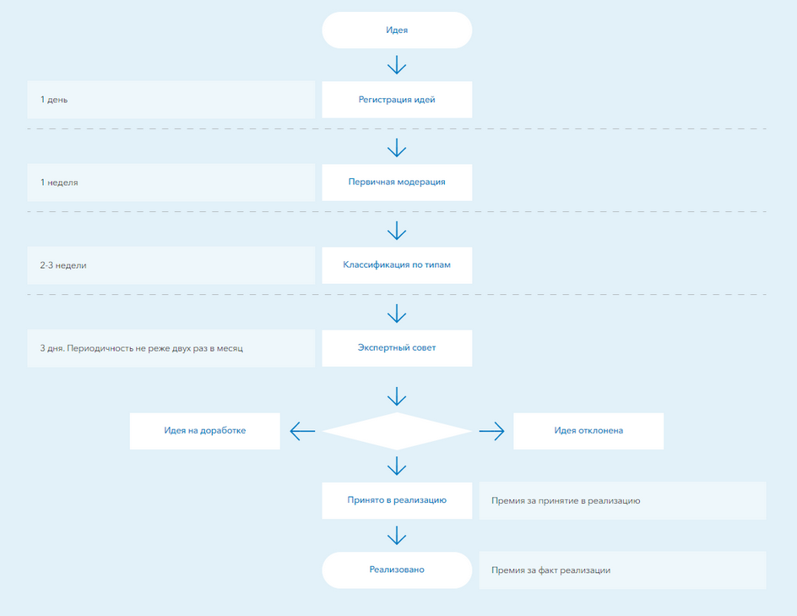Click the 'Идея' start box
point(397,30)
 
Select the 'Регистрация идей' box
point(397,100)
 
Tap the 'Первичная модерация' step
point(397,183)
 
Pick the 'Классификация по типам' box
point(397,265)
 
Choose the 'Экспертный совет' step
point(397,348)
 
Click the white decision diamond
point(397,431)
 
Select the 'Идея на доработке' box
point(205,431)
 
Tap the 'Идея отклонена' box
point(588,431)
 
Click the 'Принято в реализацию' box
point(397,500)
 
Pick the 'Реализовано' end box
point(397,570)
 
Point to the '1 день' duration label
point(54,100)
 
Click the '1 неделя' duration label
point(59,183)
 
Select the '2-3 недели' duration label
point(63,265)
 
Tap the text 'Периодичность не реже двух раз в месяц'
point(155,348)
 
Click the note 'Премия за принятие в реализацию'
point(566,501)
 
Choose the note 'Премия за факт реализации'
point(551,570)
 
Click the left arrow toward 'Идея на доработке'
point(302,431)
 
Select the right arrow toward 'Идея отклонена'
point(491,431)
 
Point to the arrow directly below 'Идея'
point(397,65)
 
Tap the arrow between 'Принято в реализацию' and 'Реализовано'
point(397,536)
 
